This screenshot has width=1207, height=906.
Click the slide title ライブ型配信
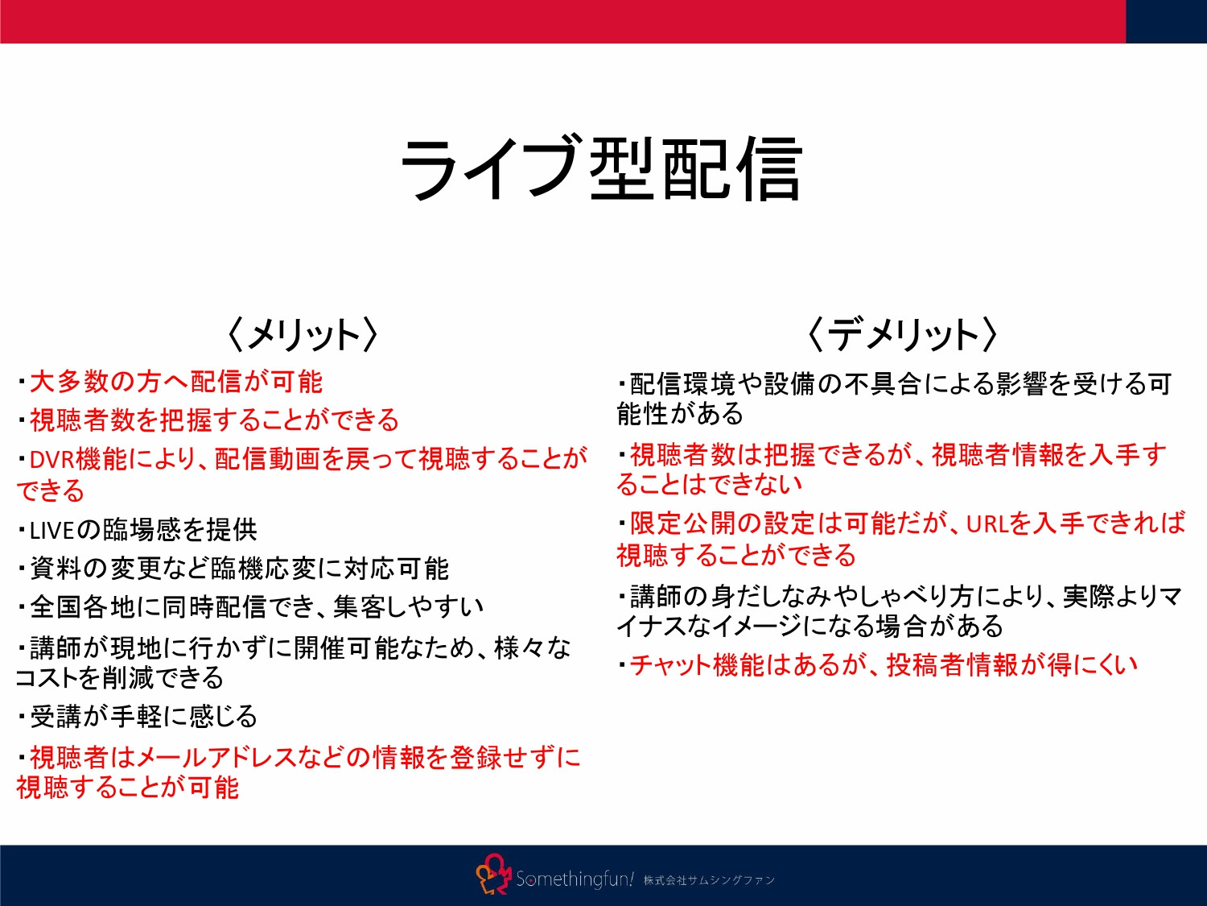(x=602, y=168)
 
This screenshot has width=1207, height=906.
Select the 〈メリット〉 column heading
(x=303, y=334)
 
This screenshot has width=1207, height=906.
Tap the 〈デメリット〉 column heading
(x=901, y=334)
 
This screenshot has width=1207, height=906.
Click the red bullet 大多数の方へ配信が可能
(x=175, y=381)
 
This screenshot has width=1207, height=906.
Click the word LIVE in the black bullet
(x=51, y=530)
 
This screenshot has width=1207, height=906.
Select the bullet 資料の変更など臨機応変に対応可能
(x=238, y=569)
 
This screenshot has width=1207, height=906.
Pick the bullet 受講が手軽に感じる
(x=143, y=716)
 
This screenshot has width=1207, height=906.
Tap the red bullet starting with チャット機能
(x=883, y=664)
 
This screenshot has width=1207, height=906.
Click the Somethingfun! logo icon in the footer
(x=493, y=875)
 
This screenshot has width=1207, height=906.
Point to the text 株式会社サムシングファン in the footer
(x=709, y=880)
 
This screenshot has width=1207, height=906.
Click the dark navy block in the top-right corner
(x=1166, y=21)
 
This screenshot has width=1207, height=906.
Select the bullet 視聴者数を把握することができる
(x=214, y=420)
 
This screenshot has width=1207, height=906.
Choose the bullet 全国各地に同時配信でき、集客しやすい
(x=256, y=606)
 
